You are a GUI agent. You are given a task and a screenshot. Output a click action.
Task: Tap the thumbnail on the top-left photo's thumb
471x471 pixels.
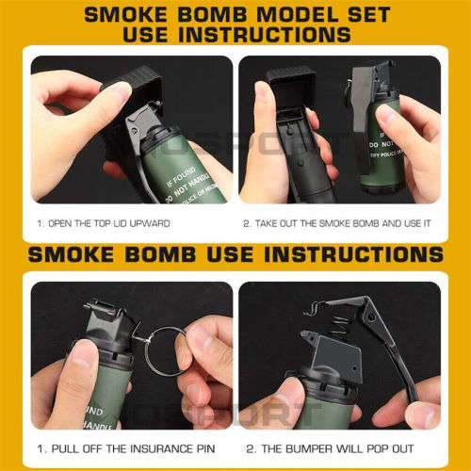[111, 91]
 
